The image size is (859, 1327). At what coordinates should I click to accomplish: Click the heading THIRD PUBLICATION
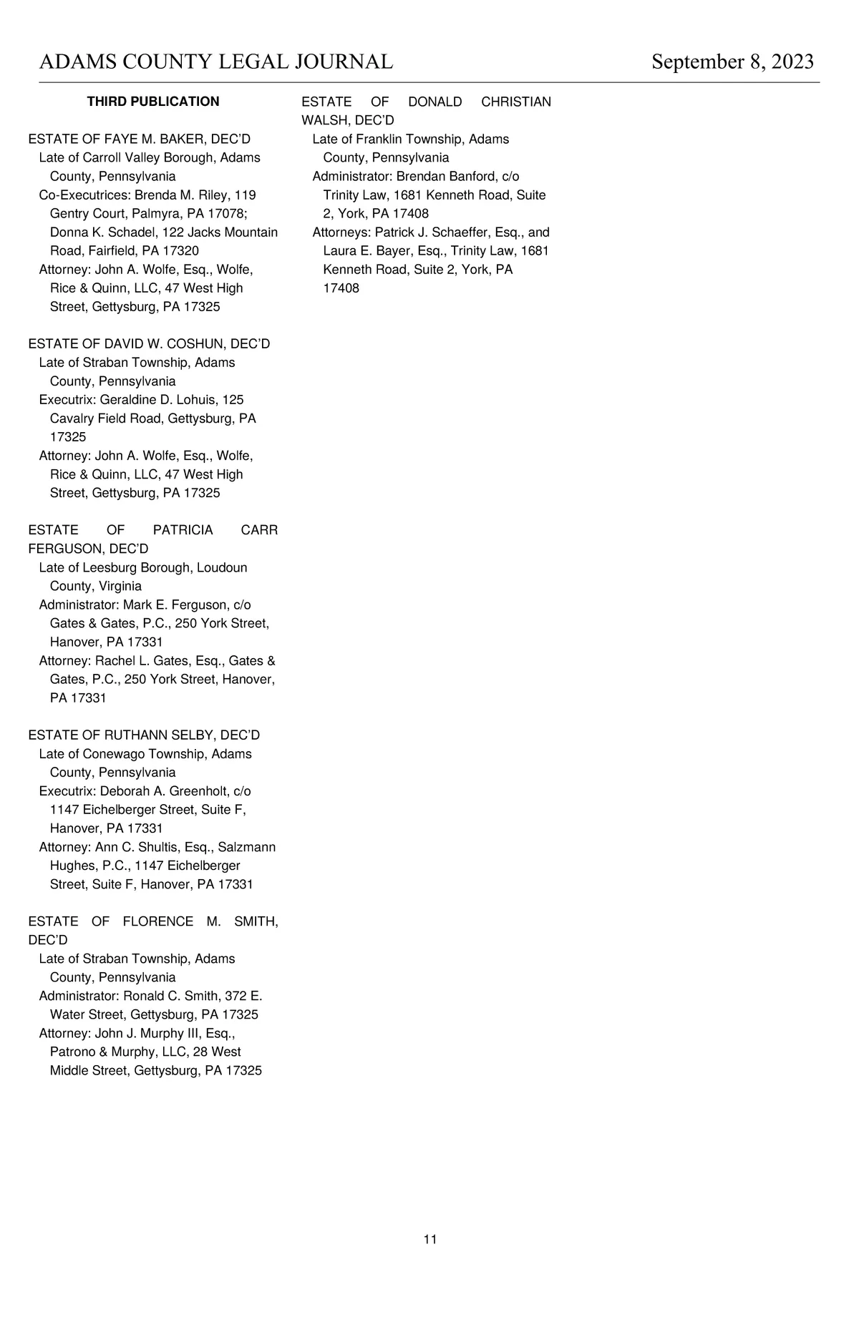153,102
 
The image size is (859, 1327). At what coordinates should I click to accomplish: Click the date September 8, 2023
732,62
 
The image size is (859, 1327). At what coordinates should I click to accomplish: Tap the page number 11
430,1239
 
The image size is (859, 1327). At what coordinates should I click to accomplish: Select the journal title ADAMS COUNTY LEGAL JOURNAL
216,62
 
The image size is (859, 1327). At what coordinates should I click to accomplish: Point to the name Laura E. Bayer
367,251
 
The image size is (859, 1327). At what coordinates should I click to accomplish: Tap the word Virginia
120,587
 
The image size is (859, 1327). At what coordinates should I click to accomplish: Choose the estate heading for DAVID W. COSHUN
149,344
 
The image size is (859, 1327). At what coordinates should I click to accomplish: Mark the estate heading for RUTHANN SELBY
144,735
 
